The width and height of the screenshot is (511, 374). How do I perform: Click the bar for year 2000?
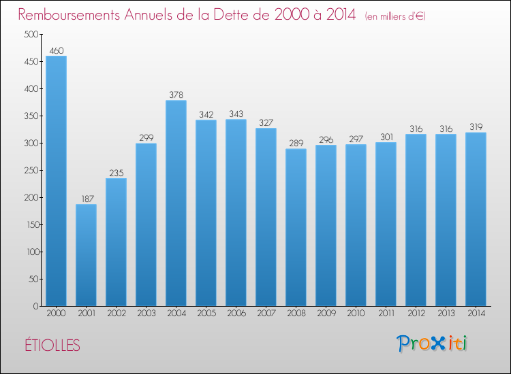[56, 181]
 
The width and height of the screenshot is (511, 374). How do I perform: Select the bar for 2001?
[86, 255]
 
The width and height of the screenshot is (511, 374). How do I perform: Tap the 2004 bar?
[176, 203]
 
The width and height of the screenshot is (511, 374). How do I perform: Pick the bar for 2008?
[296, 227]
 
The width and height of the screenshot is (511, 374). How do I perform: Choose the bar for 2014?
[476, 219]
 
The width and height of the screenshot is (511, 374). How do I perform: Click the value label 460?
[57, 51]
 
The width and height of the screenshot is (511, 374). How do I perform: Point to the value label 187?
[87, 199]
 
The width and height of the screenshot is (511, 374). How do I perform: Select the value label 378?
[176, 95]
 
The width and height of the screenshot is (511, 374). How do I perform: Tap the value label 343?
[236, 114]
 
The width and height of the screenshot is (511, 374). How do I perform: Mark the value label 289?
[296, 143]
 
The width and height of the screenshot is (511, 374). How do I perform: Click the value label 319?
[476, 127]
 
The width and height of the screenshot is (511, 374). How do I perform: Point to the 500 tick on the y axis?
[31, 34]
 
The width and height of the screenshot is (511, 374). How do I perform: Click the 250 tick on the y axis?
[31, 170]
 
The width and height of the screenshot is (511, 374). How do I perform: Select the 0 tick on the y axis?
[35, 306]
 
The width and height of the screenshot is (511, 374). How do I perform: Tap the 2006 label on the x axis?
[236, 313]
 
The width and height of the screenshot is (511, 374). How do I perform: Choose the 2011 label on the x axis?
[386, 313]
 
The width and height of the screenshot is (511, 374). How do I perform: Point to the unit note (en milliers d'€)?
[395, 16]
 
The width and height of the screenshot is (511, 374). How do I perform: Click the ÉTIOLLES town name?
[52, 345]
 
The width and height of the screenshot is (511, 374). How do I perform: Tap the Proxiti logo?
[431, 343]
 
